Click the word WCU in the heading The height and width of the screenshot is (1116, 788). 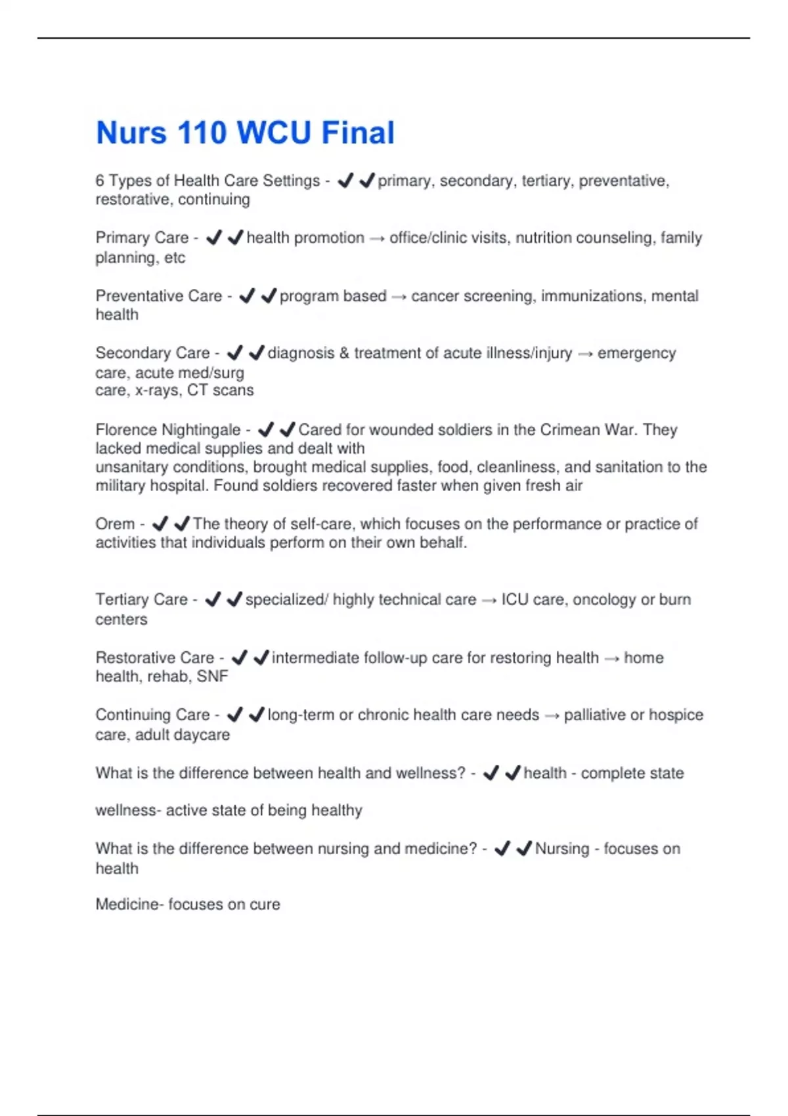click(274, 133)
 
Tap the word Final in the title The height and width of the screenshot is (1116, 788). click(358, 133)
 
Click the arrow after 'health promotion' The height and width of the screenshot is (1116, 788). click(377, 239)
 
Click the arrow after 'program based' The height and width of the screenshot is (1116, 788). click(399, 297)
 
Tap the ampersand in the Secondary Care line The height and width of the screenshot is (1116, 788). click(345, 353)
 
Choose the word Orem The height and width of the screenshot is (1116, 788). click(115, 524)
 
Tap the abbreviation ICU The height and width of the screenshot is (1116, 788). click(515, 600)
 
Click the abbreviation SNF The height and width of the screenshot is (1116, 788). click(212, 676)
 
